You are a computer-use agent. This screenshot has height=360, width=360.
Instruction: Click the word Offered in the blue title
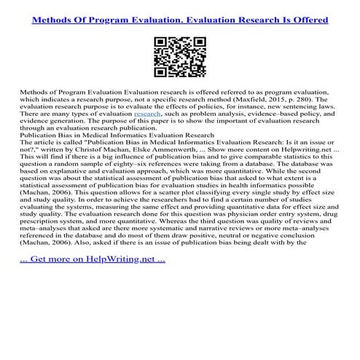pyautogui.click(x=303, y=17)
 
